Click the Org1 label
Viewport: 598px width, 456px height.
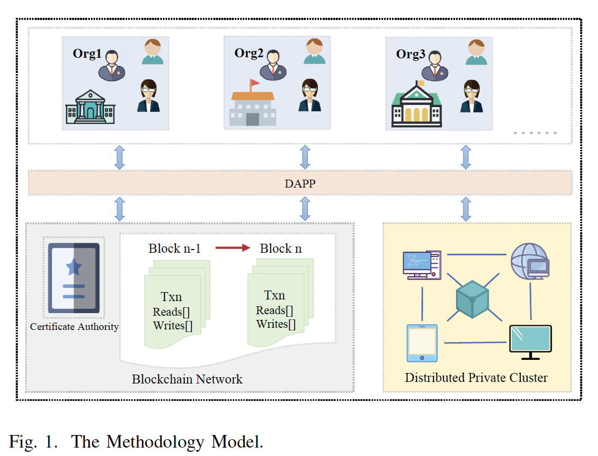click(87, 54)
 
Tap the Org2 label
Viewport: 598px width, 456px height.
click(249, 53)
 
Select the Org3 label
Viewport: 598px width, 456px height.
click(410, 54)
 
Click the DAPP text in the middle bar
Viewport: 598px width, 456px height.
click(299, 183)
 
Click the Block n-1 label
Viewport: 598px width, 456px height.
click(174, 248)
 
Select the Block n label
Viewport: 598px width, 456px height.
click(281, 248)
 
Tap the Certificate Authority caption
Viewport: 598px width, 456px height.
click(74, 327)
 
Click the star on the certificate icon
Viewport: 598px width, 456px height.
click(74, 267)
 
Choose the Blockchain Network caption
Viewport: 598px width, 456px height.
click(187, 379)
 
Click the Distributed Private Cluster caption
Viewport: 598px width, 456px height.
click(476, 377)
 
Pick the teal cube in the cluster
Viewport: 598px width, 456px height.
click(472, 299)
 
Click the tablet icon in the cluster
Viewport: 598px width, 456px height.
click(421, 343)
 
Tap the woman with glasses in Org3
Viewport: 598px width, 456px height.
click(471, 96)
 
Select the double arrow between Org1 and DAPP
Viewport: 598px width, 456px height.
click(120, 157)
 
